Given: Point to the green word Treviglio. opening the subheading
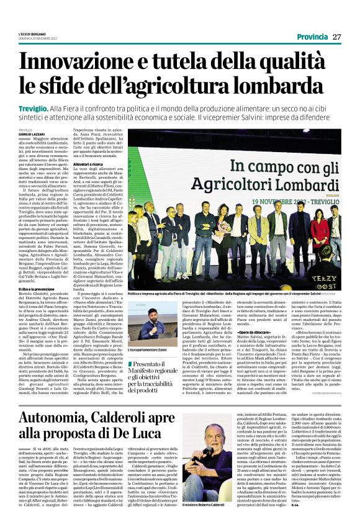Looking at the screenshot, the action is (33, 107).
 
